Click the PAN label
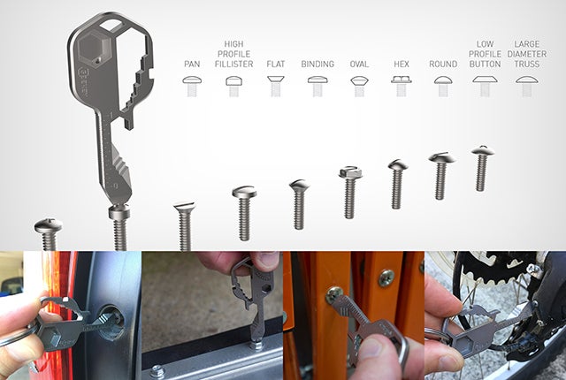192,65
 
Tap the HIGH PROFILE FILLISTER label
233,54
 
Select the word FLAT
276,65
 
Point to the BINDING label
317,65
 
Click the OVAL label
359,65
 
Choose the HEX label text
402,65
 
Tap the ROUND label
443,65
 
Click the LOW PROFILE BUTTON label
486,54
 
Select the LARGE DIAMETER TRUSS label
527,54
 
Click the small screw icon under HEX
402,86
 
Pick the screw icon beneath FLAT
276,86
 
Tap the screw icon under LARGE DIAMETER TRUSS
527,86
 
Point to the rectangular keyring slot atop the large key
111,26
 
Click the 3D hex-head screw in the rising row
349,192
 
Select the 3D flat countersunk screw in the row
185,225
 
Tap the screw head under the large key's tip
119,211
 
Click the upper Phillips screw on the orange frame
386,277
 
